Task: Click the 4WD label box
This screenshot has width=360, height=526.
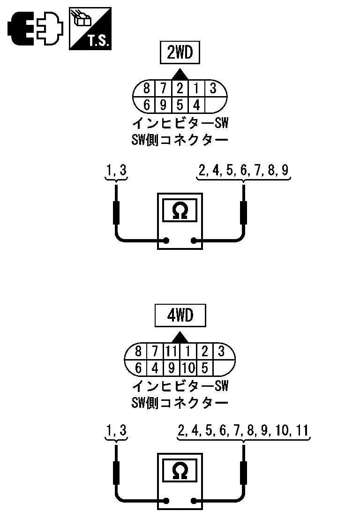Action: point(180,316)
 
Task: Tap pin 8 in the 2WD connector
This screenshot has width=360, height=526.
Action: point(147,88)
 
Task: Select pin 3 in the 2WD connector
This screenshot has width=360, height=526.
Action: point(212,88)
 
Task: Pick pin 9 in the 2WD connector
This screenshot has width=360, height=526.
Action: point(164,105)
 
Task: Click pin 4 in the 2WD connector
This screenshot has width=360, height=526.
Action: point(196,105)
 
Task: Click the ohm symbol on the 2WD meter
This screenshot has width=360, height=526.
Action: point(180,211)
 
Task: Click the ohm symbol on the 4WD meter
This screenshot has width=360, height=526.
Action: point(180,470)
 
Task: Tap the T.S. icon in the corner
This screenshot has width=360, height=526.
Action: point(90,29)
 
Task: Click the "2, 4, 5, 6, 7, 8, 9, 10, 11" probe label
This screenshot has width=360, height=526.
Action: point(244,430)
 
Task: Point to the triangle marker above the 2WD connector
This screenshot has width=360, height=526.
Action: point(180,74)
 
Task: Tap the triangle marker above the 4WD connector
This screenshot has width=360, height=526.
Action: point(180,337)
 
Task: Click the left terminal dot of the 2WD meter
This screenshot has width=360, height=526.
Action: point(165,241)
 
